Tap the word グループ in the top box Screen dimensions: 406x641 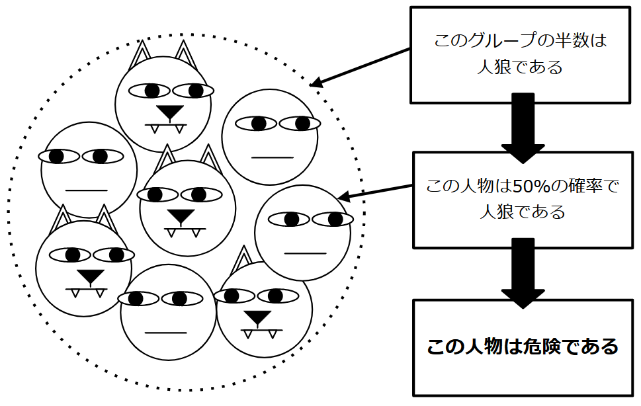click(493, 41)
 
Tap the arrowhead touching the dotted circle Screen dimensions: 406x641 click(316, 83)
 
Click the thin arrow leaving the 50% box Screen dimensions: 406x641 click(377, 192)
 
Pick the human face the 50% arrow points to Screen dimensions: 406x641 click(302, 233)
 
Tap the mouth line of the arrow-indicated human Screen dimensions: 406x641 click(305, 253)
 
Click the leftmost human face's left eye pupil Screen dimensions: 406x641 click(57, 156)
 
